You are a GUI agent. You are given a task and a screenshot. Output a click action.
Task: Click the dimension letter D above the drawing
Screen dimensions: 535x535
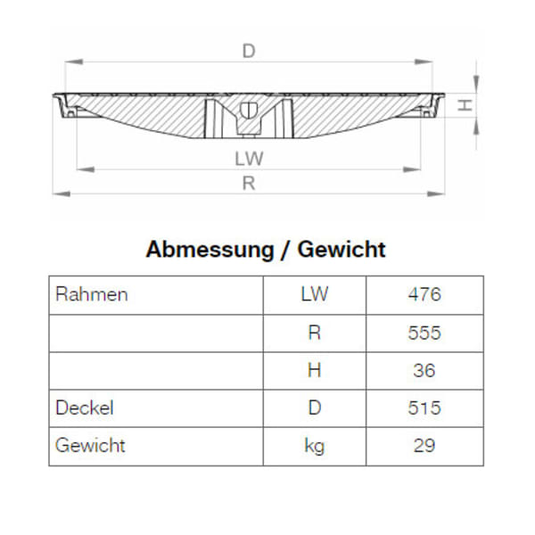click(249, 52)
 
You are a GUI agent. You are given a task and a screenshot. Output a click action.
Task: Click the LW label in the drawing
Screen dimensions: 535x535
click(249, 159)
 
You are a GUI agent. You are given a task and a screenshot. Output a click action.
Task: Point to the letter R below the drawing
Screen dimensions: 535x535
click(249, 184)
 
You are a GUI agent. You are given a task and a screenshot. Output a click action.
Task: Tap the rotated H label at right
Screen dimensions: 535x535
click(465, 105)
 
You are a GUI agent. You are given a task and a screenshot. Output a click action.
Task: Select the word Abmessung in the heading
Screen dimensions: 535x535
click(210, 249)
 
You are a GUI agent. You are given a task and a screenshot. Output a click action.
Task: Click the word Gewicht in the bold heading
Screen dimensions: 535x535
click(342, 249)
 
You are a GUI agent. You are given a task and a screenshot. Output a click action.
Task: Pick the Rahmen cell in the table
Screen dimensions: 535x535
click(92, 294)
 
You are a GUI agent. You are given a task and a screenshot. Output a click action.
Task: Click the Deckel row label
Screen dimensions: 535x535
click(85, 407)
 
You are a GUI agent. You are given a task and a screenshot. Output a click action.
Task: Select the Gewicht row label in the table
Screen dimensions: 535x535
click(90, 445)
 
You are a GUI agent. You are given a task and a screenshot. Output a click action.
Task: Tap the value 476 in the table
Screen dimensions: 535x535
click(424, 294)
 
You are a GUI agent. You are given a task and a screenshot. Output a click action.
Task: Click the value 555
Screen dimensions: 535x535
click(424, 333)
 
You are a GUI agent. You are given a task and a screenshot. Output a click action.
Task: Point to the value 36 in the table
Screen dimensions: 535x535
click(424, 370)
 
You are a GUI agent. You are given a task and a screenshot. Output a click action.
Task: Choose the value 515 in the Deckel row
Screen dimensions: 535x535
click(424, 407)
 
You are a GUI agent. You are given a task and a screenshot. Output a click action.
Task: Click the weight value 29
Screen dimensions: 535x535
click(424, 445)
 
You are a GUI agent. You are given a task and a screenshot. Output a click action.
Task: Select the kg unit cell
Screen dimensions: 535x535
click(314, 445)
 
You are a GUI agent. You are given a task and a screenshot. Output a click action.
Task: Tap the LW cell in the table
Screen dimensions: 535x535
click(314, 294)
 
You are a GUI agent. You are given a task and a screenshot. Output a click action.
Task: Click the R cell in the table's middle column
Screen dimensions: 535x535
click(314, 333)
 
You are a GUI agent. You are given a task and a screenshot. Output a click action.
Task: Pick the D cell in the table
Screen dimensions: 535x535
click(314, 407)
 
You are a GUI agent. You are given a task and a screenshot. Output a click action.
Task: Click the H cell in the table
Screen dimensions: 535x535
click(314, 370)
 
